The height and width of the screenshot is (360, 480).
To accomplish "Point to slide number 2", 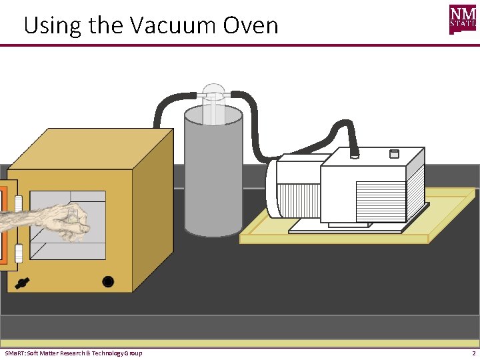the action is [473, 353].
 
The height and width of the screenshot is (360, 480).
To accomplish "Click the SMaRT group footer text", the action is [73, 353].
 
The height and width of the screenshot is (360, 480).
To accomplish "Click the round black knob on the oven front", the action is [108, 281].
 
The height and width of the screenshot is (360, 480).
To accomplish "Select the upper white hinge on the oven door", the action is [19, 201].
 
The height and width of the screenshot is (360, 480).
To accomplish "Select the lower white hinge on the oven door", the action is [19, 253].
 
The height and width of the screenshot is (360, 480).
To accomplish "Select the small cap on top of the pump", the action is [393, 153].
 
